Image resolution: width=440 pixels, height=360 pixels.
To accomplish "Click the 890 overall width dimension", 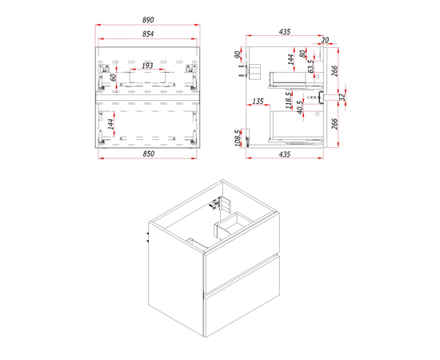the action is coord(148,20).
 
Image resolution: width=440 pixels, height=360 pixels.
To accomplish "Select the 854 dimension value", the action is coord(148,34).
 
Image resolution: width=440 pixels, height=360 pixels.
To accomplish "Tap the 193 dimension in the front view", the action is coord(147,66).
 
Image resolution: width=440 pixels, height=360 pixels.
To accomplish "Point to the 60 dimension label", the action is coord(114,77).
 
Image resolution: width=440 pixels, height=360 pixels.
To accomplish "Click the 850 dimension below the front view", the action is coord(149,154).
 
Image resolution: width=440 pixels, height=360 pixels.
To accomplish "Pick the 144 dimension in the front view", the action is coord(111,124).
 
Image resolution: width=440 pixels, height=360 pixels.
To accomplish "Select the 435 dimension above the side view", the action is coord(285,32).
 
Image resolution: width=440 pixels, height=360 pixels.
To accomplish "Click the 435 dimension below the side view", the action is coord(285,154).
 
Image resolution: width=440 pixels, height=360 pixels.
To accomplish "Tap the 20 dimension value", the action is coord(325,40).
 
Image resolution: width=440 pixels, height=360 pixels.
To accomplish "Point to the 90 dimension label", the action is coord(238,54).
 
